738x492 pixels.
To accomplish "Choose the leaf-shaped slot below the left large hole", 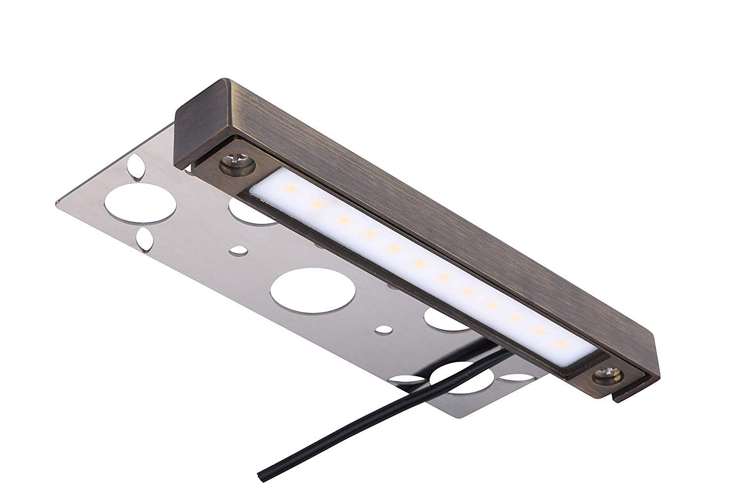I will pos(144,237).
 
